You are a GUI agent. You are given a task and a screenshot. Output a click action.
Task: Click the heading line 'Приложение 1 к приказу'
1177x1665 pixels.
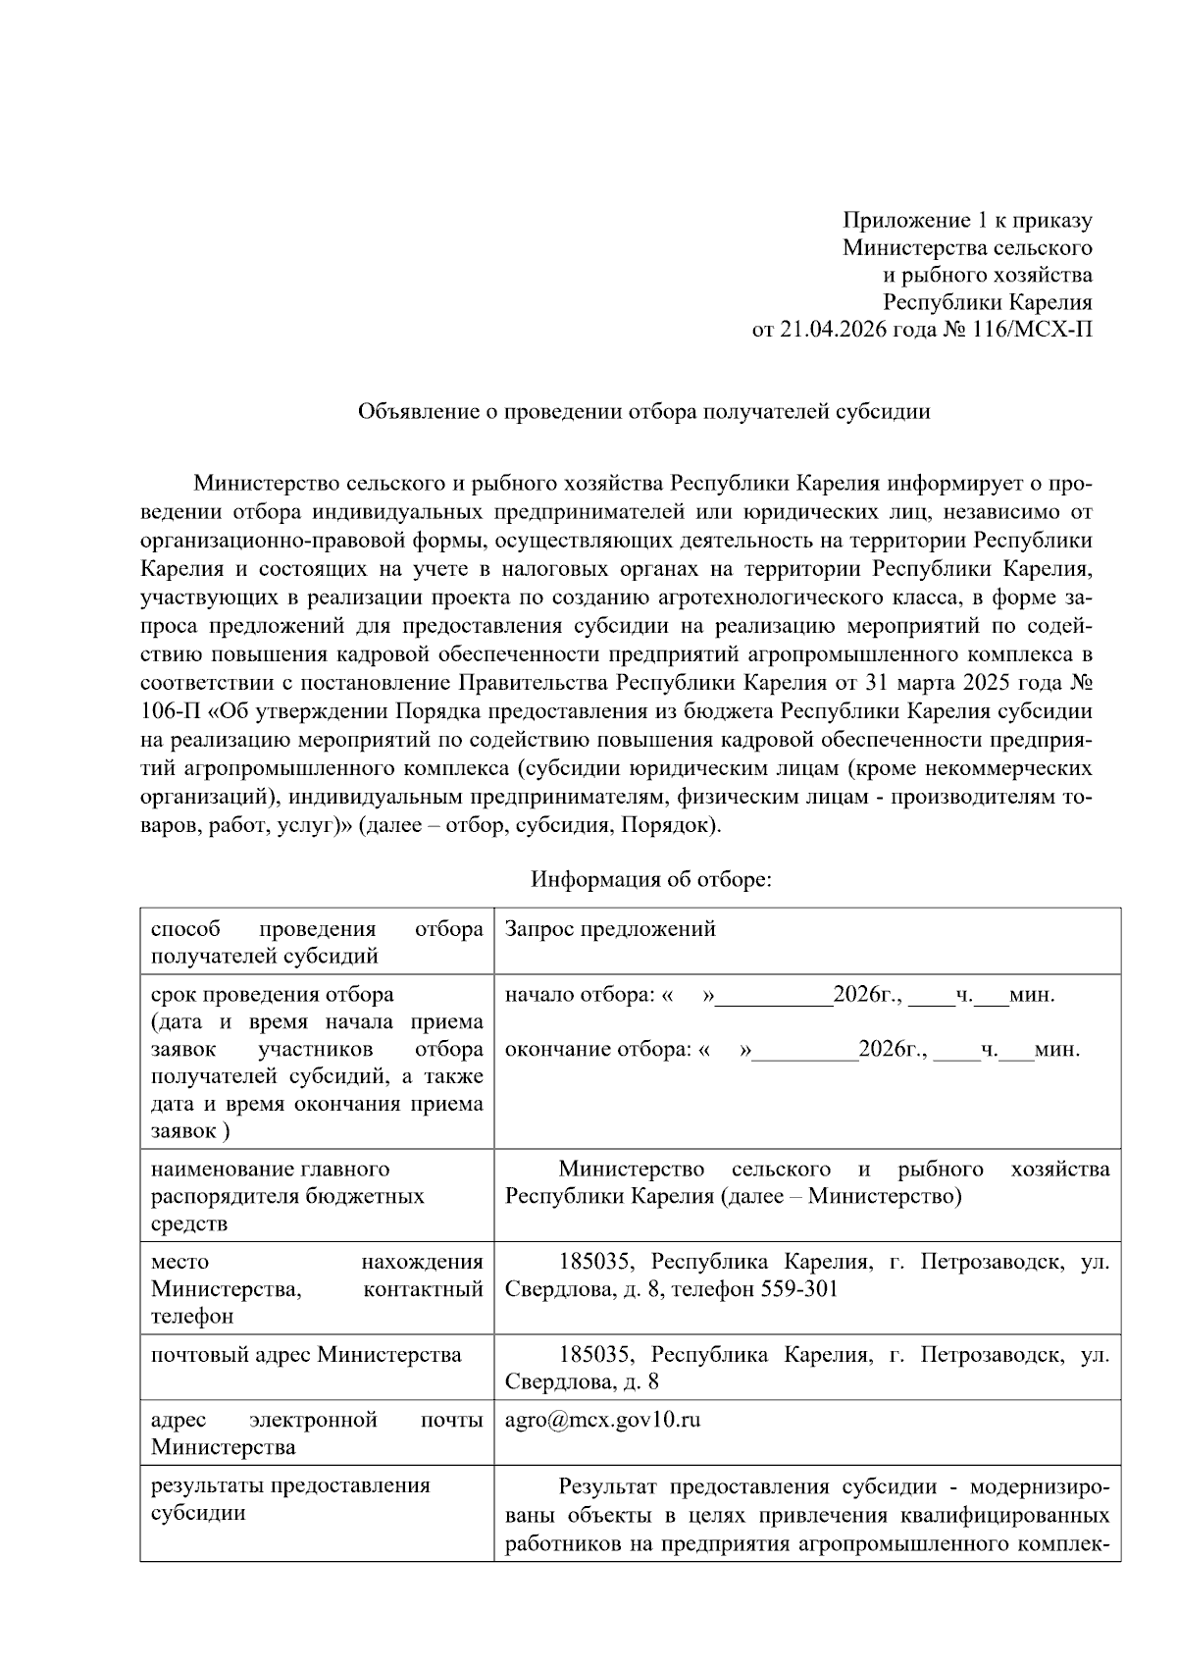968,221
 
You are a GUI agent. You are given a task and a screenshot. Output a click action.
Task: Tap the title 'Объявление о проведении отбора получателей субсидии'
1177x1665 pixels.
643,411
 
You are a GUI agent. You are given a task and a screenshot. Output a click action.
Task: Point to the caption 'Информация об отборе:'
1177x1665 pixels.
651,879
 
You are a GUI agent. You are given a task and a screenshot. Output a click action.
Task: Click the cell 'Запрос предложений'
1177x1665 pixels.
610,929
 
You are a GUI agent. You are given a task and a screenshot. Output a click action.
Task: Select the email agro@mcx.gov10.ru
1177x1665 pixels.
602,1420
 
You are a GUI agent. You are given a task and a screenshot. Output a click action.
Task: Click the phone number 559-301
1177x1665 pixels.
799,1288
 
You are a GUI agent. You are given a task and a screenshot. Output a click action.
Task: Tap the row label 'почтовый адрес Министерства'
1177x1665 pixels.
306,1355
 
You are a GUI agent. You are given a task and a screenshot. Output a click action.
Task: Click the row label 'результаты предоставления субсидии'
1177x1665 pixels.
290,1498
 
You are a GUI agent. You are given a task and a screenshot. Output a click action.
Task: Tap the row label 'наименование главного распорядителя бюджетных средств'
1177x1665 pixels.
287,1196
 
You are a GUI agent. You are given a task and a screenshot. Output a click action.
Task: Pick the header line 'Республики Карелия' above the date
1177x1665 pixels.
988,302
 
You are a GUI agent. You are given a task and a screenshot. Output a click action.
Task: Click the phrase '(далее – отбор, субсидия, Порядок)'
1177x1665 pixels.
539,824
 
